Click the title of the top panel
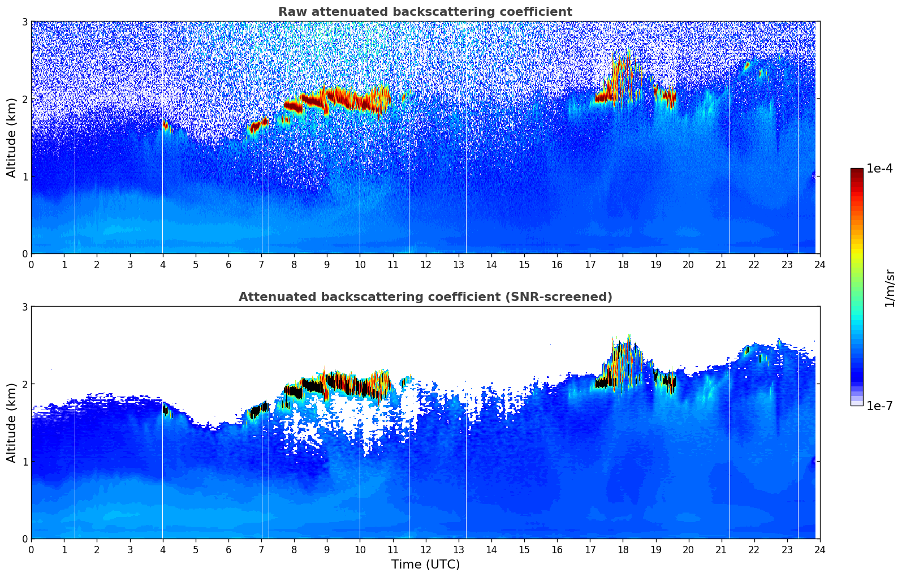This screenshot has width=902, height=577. point(425,12)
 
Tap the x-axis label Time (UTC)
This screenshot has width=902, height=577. point(425,565)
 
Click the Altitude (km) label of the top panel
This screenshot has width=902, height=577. point(11,137)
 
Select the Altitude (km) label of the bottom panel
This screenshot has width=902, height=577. point(11,423)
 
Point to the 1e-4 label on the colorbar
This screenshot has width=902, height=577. point(879,169)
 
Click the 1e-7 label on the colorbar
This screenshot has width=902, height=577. point(879,406)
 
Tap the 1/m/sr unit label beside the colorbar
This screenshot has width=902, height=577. point(890,288)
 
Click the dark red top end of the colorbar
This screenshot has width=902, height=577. point(857,171)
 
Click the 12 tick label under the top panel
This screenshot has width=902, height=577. point(425,264)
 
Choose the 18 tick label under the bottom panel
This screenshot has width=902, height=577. point(623,549)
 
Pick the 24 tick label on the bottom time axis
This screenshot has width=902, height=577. point(819,549)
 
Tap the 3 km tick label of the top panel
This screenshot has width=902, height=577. point(24,21)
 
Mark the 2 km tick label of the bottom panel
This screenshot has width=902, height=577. point(24,384)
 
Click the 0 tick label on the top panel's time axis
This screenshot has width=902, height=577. point(31,264)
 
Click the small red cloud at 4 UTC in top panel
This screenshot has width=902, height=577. point(165,126)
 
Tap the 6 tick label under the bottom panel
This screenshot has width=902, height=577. point(228,549)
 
